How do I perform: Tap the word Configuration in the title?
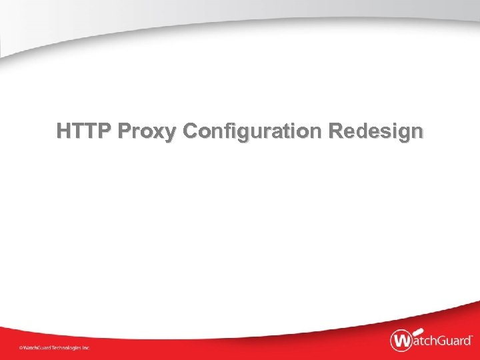tap(253, 131)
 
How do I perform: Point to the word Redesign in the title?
tap(375, 131)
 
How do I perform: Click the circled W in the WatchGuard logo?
tap(401, 341)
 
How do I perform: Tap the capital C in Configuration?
tap(189, 131)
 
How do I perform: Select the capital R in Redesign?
tap(335, 131)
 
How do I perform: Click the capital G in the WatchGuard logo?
tap(441, 341)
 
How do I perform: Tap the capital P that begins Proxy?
tap(123, 131)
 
